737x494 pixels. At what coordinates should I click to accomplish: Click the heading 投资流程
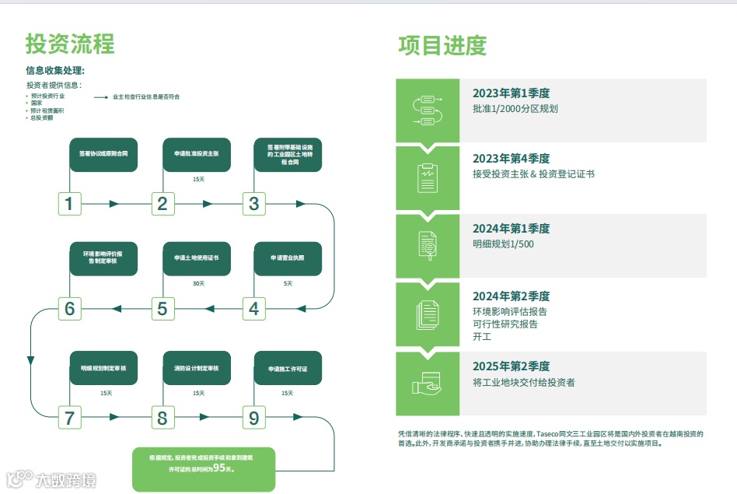tap(70, 44)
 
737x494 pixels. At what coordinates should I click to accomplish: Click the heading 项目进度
tap(442, 45)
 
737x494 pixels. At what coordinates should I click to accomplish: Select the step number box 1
tap(70, 204)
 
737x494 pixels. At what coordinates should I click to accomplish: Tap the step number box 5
tap(162, 309)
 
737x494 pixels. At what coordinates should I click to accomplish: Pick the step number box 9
tap(253, 419)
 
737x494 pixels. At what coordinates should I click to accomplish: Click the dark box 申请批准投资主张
tap(197, 155)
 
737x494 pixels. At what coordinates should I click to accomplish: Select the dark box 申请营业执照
tap(288, 258)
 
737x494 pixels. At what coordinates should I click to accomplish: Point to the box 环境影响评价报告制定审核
tap(103, 258)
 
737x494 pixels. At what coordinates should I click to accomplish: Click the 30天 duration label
tap(198, 283)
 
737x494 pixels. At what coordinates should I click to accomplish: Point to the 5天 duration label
tap(288, 283)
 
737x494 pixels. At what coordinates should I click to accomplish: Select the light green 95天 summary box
tap(203, 469)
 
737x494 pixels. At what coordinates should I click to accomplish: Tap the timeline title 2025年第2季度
tap(511, 366)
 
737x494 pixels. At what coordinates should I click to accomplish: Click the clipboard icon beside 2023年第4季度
tap(427, 177)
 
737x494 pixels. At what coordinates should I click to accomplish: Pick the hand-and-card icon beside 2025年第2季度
tap(427, 384)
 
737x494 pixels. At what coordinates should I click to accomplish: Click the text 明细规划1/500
tap(503, 244)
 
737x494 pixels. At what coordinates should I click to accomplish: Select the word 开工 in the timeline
tap(482, 337)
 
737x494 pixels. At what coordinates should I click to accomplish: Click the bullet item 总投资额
tap(42, 118)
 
